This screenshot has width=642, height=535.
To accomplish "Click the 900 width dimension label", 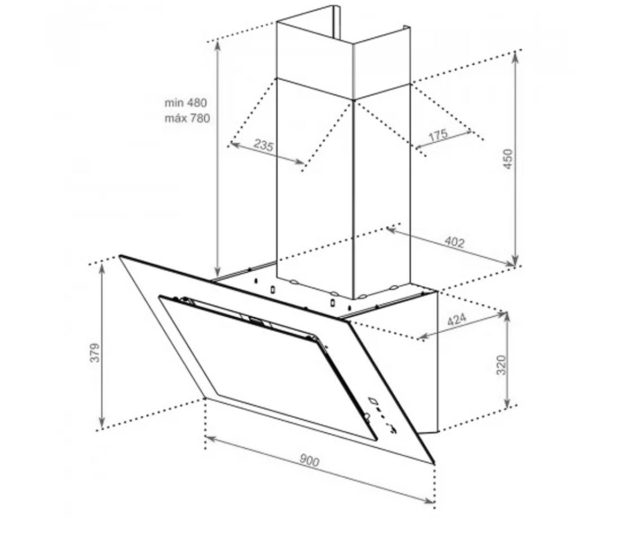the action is coord(309,460).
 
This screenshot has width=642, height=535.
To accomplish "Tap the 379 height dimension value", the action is coord(95,353).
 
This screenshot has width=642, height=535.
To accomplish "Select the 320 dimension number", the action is coord(501,365).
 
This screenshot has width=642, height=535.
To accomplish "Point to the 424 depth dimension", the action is coord(456,319).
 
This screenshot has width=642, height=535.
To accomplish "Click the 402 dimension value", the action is coord(454,242).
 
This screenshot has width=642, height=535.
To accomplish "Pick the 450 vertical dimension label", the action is coord(508,159).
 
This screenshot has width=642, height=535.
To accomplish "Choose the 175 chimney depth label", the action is coord(438,135).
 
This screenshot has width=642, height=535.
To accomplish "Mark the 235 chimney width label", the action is coord(264,144).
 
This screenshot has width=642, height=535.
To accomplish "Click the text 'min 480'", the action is coord(186,103).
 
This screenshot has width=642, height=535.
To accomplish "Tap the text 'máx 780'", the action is coord(187,118).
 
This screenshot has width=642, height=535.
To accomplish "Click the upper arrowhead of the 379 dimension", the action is coord(102,268).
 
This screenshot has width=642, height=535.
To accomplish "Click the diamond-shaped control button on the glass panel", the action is coord(373,400).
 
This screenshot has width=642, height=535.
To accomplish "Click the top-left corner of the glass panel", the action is coord(120,256).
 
